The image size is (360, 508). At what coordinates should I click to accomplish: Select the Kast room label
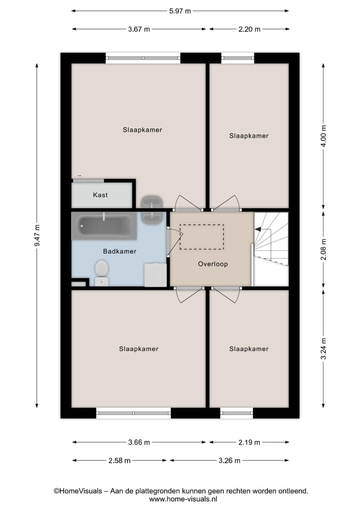[x=100, y=195]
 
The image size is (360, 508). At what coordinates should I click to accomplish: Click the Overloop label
[x=212, y=264]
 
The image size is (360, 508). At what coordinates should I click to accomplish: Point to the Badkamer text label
[x=119, y=251]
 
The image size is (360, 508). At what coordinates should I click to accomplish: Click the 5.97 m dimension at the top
[x=180, y=10]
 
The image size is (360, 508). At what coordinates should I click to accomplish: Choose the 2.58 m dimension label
[x=120, y=461]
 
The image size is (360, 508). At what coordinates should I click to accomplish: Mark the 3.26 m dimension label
[x=230, y=461]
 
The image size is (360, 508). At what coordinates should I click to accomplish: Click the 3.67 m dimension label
[x=139, y=29]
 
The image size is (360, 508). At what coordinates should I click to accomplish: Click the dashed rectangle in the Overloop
[x=201, y=237]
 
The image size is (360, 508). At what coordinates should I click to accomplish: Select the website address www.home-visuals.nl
[x=180, y=499]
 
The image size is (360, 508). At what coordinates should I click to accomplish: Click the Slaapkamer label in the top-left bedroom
[x=142, y=130]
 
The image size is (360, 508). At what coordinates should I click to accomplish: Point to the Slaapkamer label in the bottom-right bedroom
[x=248, y=349]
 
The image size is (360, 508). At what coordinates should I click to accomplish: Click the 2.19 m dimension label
[x=248, y=442]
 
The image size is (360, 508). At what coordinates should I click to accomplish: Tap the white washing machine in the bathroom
[x=154, y=275]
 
